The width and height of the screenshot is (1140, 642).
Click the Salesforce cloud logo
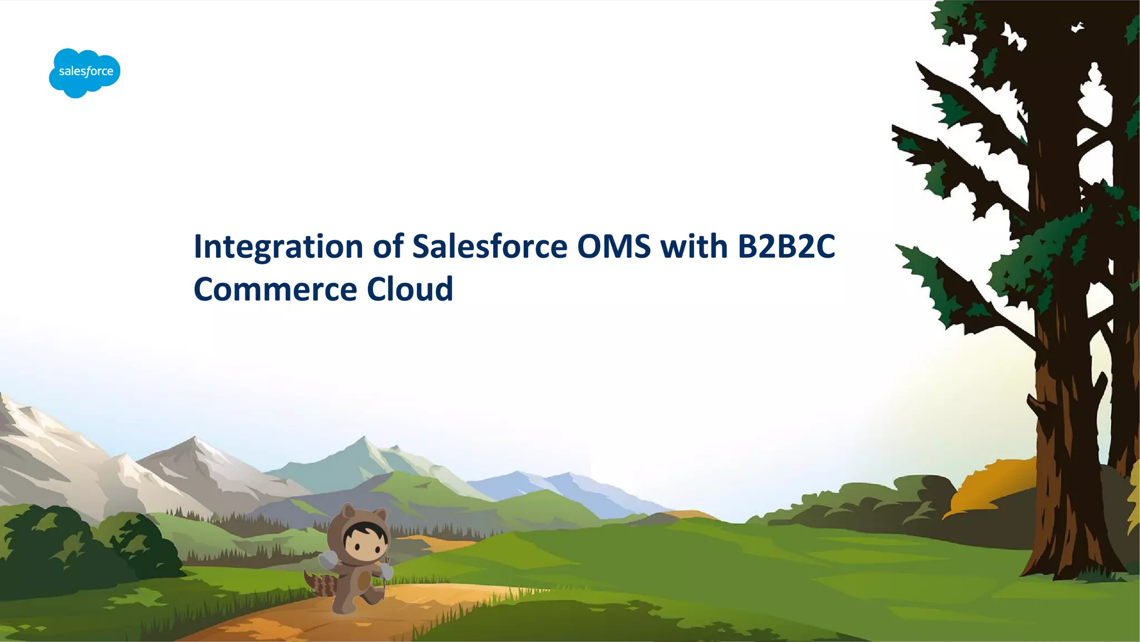coord(85,72)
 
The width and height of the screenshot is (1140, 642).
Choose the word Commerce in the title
coord(275,289)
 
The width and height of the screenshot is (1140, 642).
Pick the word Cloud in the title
coord(410,289)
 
